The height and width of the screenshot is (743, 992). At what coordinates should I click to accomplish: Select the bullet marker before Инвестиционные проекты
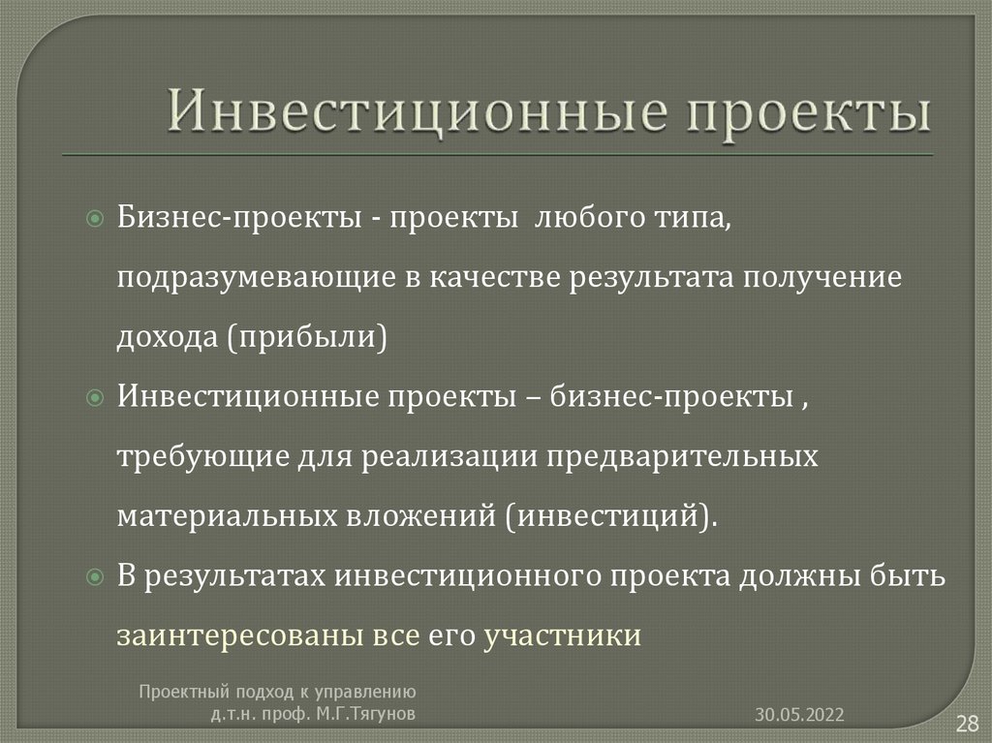[94, 399]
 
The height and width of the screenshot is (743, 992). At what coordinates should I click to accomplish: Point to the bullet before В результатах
[94, 577]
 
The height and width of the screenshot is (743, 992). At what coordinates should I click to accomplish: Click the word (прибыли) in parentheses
[308, 337]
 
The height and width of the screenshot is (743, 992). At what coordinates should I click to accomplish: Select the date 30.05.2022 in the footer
[800, 715]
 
